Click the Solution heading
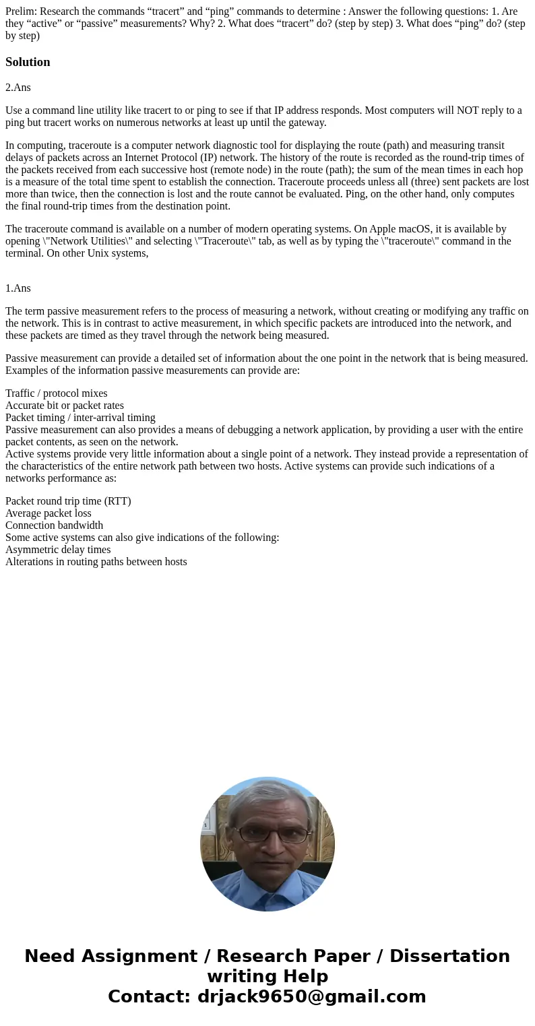(x=28, y=62)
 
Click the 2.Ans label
(x=18, y=88)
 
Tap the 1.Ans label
(x=18, y=288)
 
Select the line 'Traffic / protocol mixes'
(x=56, y=393)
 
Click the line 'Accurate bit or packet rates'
(x=64, y=406)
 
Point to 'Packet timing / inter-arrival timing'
(x=80, y=418)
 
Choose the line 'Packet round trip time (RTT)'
(x=68, y=501)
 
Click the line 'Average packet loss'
(x=48, y=513)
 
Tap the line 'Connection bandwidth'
(x=54, y=525)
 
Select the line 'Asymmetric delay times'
(x=58, y=550)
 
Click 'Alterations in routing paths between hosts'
(x=96, y=562)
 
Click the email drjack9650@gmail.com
(x=311, y=996)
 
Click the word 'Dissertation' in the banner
(x=449, y=956)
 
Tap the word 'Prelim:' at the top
(x=21, y=11)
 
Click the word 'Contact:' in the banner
(x=149, y=996)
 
